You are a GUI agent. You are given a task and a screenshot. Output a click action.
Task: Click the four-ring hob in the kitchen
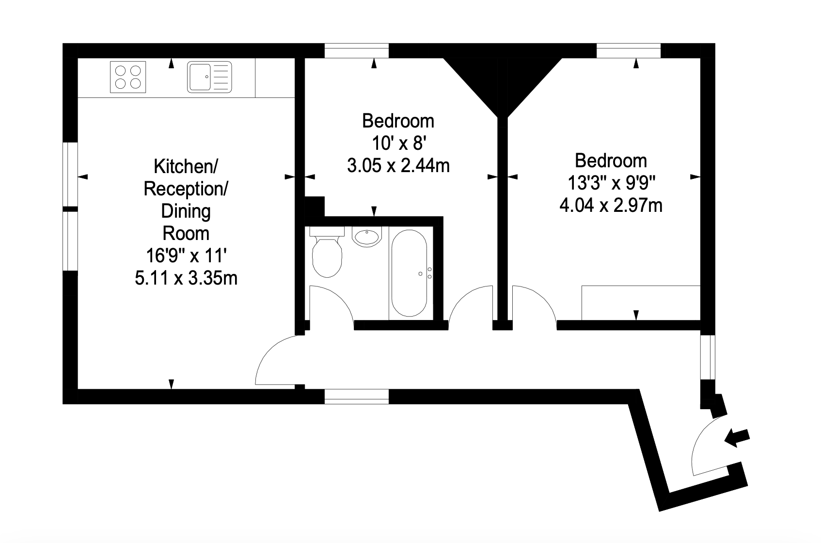(x=128, y=77)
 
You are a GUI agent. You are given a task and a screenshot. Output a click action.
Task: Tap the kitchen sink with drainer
(x=209, y=77)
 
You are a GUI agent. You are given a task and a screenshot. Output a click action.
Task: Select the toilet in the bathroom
(x=327, y=252)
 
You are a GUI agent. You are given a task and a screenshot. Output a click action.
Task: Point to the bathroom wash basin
(x=367, y=237)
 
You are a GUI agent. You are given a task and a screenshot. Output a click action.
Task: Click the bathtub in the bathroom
(x=409, y=273)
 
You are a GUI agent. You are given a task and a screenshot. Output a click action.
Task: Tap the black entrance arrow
(x=737, y=438)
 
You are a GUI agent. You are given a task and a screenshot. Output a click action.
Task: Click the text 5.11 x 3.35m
(x=186, y=278)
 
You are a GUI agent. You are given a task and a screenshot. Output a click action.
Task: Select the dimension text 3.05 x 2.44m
(x=398, y=166)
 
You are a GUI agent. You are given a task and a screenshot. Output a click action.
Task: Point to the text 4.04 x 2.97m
(x=611, y=205)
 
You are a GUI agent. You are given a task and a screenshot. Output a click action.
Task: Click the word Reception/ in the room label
(x=186, y=189)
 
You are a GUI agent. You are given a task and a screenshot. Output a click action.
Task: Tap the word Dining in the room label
(x=186, y=211)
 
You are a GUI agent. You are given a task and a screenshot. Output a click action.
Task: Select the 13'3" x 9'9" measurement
(x=611, y=183)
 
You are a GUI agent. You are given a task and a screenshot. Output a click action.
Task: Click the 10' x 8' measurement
(x=398, y=143)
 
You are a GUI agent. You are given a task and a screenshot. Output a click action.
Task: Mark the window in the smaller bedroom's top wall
(x=357, y=50)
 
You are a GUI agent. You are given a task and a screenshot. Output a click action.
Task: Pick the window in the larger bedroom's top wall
(x=629, y=50)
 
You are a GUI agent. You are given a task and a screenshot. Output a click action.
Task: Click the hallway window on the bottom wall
(x=357, y=397)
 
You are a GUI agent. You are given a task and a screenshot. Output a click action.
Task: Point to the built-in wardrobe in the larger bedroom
(x=641, y=303)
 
